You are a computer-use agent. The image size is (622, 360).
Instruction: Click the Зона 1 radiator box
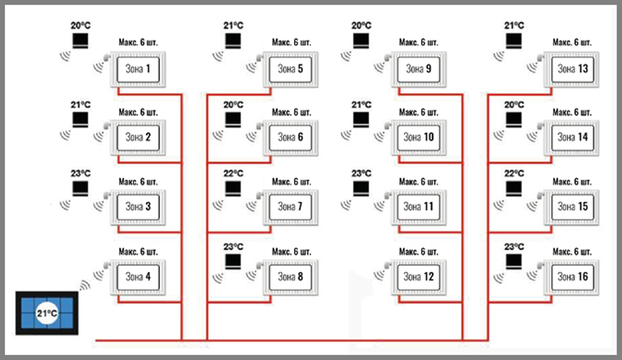(139, 68)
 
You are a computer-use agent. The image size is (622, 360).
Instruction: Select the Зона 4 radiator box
(139, 277)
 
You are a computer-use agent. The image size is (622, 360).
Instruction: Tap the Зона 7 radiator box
(290, 206)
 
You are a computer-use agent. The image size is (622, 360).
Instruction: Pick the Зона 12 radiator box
(419, 277)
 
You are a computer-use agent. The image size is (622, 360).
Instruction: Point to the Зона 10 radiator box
(419, 137)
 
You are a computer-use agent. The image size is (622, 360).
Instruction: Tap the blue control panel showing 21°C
(47, 313)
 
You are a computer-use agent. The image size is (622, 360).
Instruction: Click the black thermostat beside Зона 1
(80, 42)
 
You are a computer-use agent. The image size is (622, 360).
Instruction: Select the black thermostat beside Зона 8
(233, 262)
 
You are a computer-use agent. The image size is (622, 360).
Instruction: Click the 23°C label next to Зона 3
(80, 173)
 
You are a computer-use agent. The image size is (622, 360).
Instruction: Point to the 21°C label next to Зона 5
(233, 25)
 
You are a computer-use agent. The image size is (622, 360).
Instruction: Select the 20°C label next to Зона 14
(514, 104)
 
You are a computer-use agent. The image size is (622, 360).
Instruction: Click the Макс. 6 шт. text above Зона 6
(291, 113)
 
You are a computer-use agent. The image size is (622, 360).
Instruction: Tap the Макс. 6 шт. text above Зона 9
(419, 42)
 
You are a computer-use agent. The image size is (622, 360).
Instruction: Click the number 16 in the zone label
(582, 277)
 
